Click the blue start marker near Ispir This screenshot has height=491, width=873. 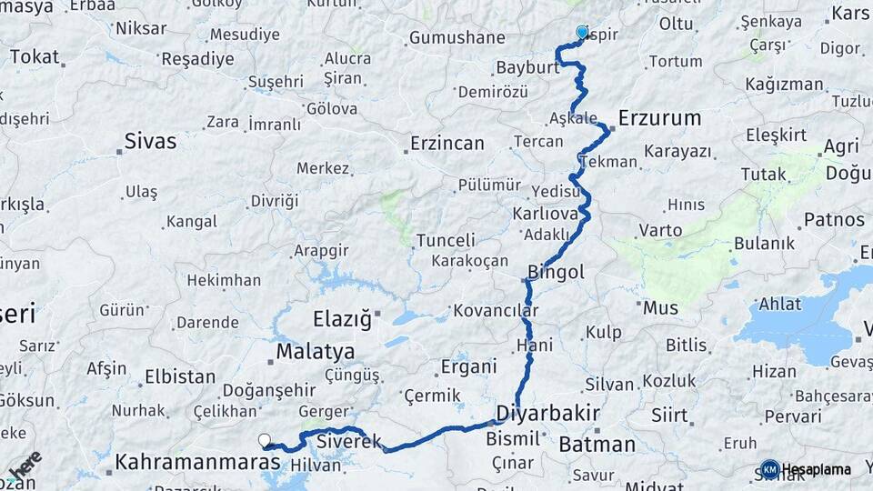click(582, 32)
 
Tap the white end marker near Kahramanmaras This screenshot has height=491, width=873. click(265, 440)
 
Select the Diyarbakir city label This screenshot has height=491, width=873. click(547, 415)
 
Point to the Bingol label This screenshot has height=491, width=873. click(556, 272)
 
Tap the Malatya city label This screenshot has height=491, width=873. click(315, 351)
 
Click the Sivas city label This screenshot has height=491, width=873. click(150, 142)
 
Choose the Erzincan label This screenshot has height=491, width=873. click(447, 144)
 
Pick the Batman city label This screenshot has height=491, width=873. click(597, 445)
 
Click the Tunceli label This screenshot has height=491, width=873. click(446, 241)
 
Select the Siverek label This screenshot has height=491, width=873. click(349, 442)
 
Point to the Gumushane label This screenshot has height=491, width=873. click(457, 38)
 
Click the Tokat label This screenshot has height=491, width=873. click(34, 56)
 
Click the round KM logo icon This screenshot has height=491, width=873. click(769, 469)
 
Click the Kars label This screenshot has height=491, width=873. click(851, 14)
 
